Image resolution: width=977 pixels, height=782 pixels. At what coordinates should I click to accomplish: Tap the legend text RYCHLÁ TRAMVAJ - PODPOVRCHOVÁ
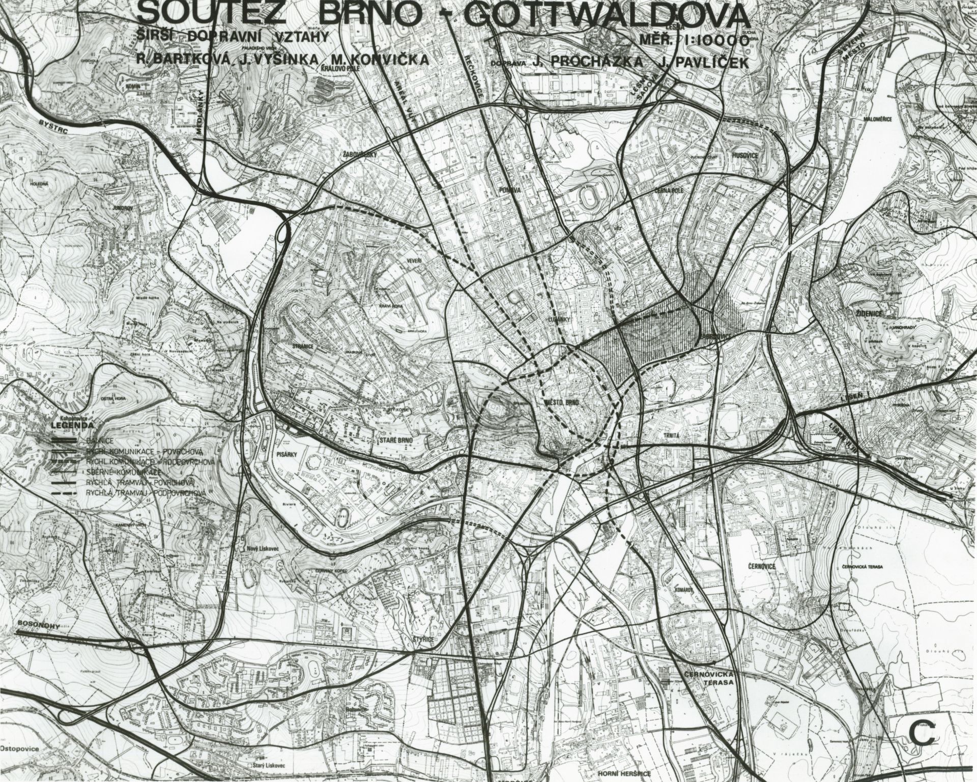146,493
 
